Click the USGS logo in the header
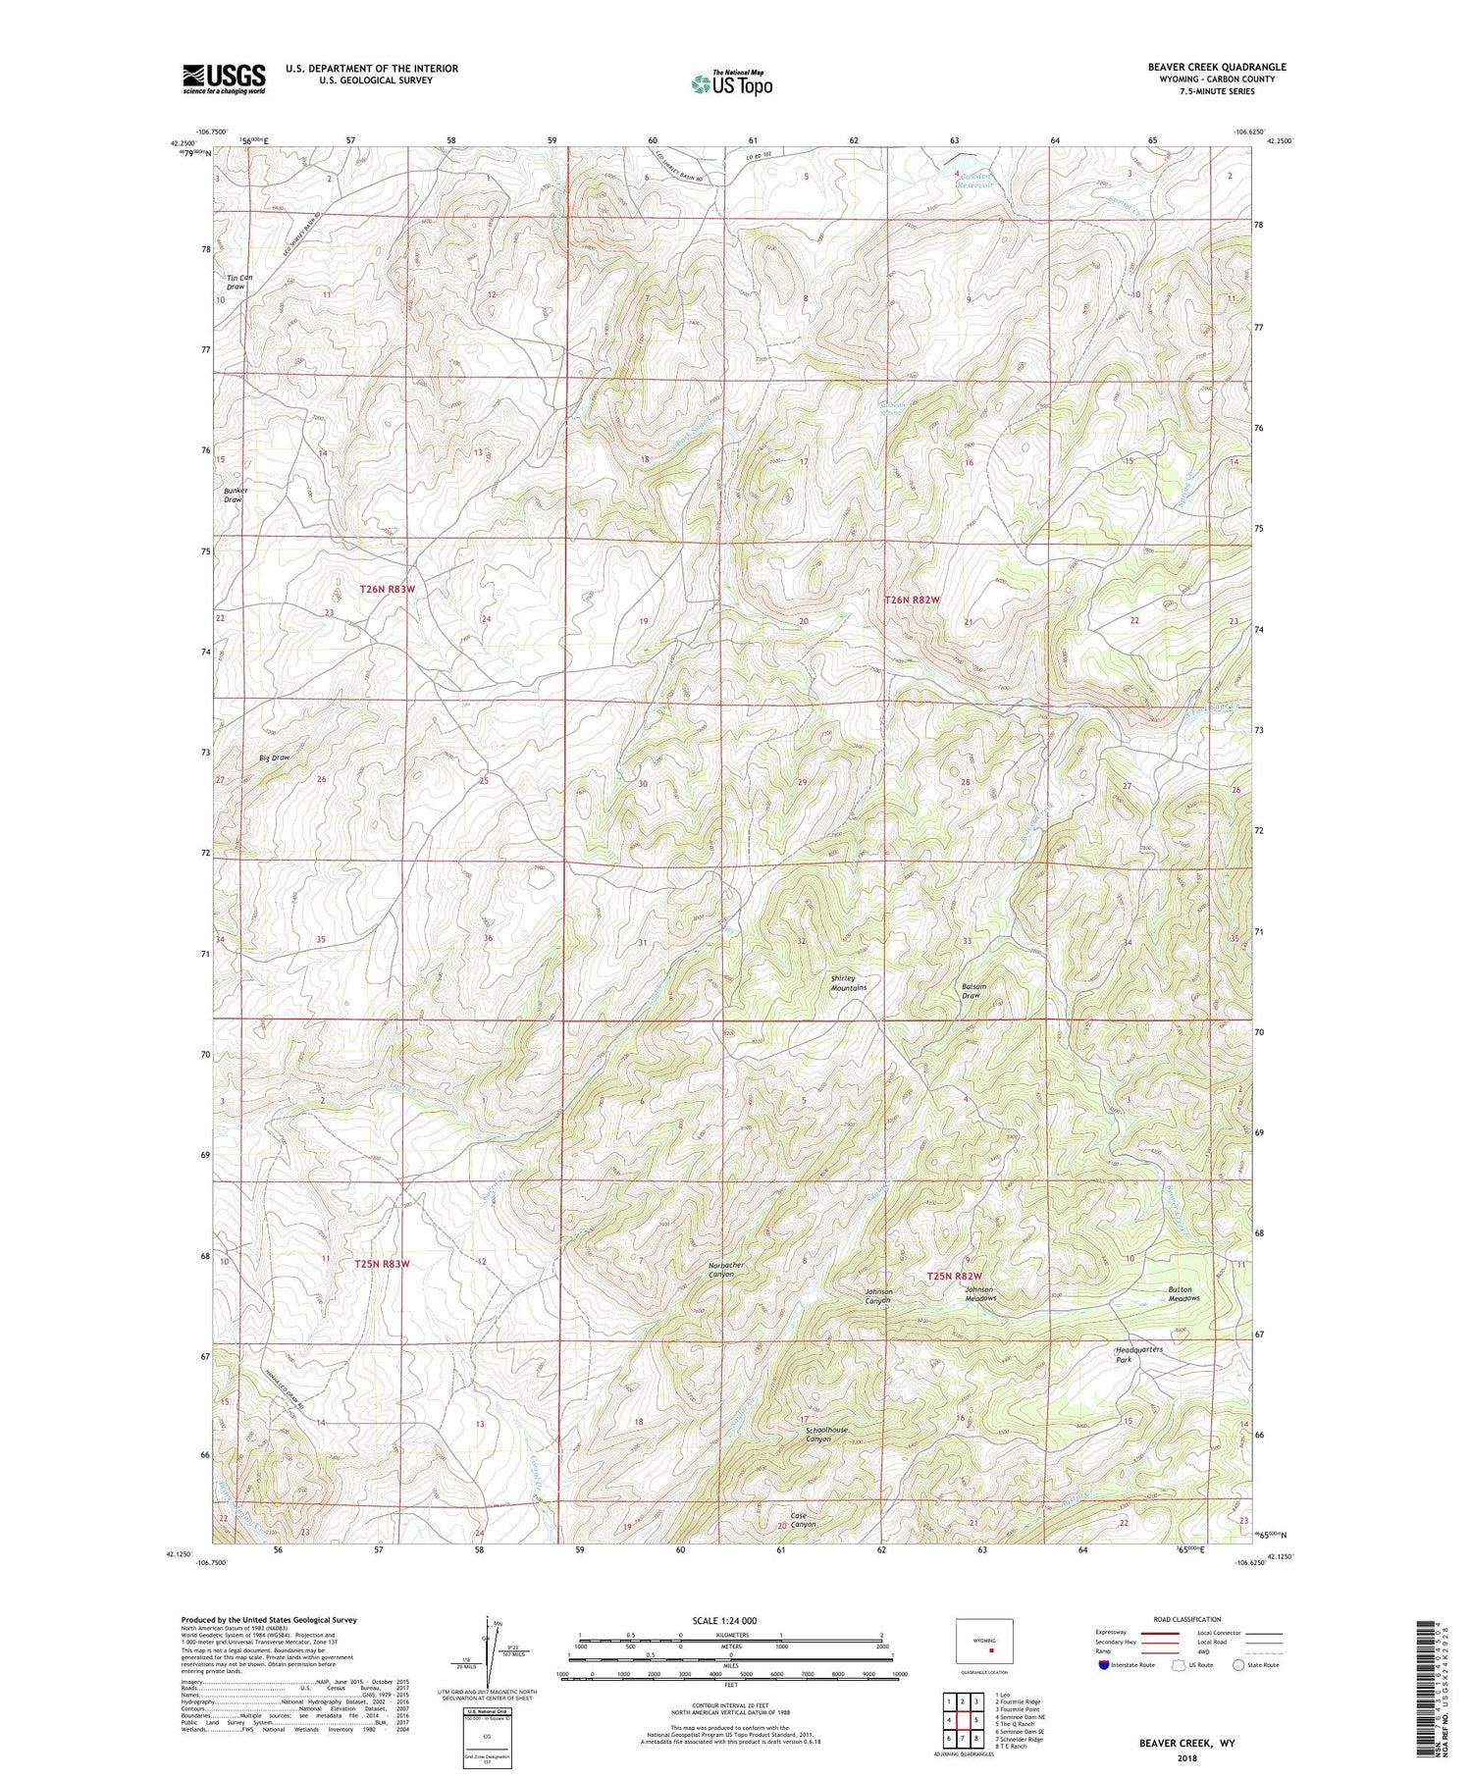224,78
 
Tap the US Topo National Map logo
731,83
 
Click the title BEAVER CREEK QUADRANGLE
1203,67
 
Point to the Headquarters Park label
1138,1354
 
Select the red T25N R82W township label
955,1276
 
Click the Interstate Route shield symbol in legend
1104,1665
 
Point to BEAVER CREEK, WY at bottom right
1186,1743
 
